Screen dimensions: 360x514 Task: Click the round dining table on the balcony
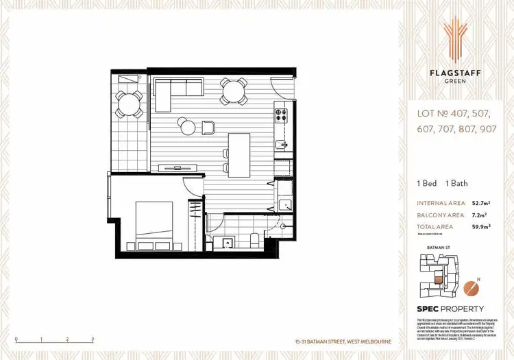[128, 104]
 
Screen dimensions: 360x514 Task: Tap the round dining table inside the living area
[234, 91]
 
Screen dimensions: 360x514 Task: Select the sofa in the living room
[179, 88]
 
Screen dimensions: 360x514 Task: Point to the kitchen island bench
[239, 152]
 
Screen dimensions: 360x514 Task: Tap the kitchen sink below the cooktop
[281, 144]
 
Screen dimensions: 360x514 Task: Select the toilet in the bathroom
[255, 241]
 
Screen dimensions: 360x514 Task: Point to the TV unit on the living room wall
[178, 167]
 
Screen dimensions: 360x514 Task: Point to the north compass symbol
[470, 287]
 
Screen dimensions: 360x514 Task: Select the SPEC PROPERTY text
[450, 309]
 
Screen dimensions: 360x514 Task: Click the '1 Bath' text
[456, 183]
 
